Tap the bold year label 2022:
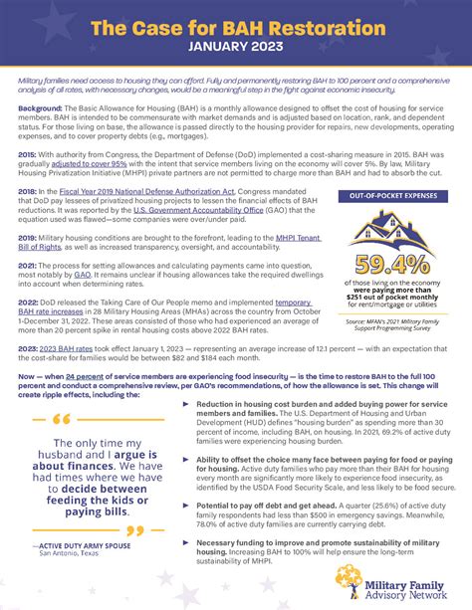coord(29,302)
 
